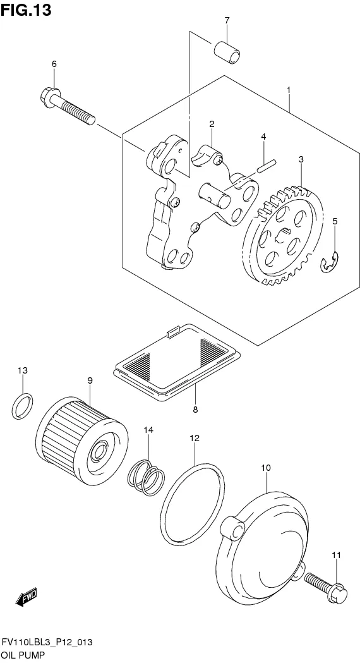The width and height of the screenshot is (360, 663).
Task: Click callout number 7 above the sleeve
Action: tap(227, 20)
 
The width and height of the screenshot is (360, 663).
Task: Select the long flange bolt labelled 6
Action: tap(68, 106)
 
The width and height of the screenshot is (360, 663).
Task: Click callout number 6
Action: tap(54, 64)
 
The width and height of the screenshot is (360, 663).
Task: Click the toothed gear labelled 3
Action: tap(283, 235)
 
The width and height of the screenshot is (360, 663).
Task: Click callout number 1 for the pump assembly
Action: tap(289, 90)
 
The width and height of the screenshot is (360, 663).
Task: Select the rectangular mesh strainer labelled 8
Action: tap(177, 362)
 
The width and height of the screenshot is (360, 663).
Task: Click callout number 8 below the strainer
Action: tap(195, 410)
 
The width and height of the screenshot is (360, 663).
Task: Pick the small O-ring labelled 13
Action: tap(22, 406)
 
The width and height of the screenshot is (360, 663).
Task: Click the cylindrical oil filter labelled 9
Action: tap(82, 441)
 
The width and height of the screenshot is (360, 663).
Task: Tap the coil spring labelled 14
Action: tap(146, 478)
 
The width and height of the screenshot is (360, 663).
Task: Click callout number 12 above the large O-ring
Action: tap(195, 438)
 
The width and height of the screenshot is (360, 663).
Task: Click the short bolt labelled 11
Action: tap(326, 586)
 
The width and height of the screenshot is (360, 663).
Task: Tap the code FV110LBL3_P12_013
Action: tap(47, 643)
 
